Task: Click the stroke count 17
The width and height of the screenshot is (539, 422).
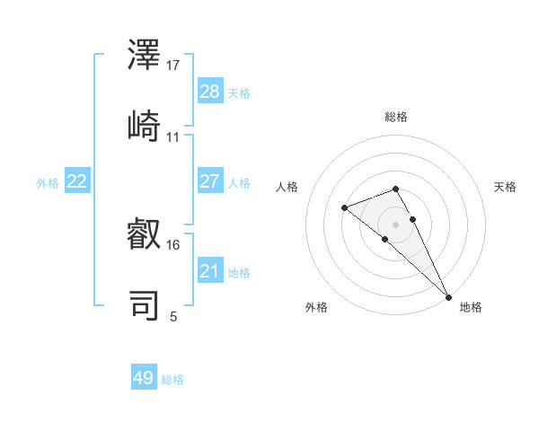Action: [x=173, y=66]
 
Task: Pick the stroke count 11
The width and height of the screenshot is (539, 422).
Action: [x=173, y=137]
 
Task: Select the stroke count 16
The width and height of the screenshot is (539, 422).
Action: [x=173, y=244]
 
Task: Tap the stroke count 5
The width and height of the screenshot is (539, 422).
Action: [x=173, y=316]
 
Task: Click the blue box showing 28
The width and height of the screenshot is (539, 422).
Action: [x=210, y=92]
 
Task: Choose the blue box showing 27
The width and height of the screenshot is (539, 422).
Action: [x=210, y=181]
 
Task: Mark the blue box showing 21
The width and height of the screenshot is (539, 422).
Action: [x=210, y=271]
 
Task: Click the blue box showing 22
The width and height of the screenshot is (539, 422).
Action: [x=77, y=181]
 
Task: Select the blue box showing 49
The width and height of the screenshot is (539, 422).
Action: [x=144, y=378]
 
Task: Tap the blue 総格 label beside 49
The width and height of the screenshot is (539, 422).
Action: [x=172, y=380]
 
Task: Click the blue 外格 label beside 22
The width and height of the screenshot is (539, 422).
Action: [x=48, y=183]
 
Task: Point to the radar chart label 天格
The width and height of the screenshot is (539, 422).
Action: [x=505, y=187]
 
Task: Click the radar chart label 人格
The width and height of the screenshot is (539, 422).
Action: [x=287, y=187]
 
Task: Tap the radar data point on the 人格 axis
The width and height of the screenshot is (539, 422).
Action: [x=344, y=208]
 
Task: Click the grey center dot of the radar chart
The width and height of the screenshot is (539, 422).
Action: [x=395, y=224]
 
